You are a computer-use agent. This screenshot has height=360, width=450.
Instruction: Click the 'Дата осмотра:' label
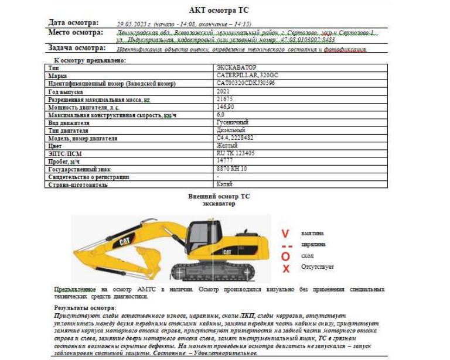pyautogui.click(x=73, y=22)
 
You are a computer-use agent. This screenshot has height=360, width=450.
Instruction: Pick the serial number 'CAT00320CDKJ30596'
pyautogui.click(x=246, y=83)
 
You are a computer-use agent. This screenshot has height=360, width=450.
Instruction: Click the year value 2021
pyautogui.click(x=224, y=91)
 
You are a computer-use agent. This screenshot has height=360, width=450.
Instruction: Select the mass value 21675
pyautogui.click(x=225, y=100)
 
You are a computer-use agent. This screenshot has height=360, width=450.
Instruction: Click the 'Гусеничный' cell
pyautogui.click(x=232, y=122)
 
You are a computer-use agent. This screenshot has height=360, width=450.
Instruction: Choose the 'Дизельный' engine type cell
pyautogui.click(x=232, y=130)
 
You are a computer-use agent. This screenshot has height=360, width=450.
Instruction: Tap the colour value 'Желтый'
pyautogui.click(x=227, y=145)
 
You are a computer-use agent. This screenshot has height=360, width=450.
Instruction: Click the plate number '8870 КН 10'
pyautogui.click(x=231, y=169)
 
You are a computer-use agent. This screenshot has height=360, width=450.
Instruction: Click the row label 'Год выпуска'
pyautogui.click(x=66, y=92)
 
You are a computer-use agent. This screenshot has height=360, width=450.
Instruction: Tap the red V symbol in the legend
pyautogui.click(x=285, y=234)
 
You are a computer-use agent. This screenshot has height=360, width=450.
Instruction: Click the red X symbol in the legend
pyautogui.click(x=286, y=269)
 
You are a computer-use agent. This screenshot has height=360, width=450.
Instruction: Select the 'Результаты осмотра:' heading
pyautogui.click(x=85, y=307)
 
